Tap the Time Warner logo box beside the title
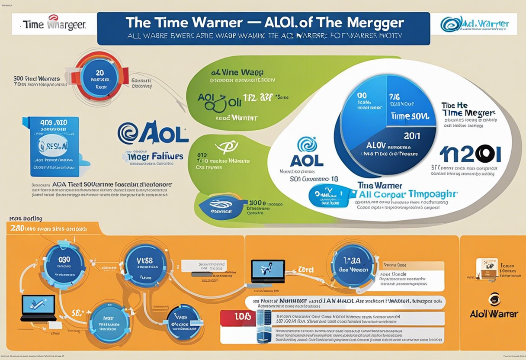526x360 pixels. [48, 24]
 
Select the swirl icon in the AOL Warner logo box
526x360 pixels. [451, 24]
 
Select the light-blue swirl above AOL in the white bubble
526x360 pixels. [307, 144]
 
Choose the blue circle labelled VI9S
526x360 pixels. [145, 264]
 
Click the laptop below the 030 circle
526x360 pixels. [38, 308]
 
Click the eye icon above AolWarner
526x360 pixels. [494, 299]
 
